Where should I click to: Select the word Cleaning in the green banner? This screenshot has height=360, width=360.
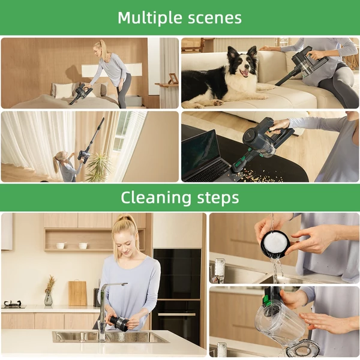156,198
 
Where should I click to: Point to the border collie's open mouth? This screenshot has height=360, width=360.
244,73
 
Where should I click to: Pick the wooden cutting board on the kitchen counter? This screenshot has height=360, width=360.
77,293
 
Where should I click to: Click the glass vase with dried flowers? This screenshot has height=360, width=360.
49,299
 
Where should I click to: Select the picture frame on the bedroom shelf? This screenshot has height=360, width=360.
172,79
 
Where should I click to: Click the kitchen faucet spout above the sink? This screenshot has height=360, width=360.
113,285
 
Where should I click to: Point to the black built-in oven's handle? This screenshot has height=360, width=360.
176,314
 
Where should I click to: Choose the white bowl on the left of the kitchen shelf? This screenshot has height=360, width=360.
61,245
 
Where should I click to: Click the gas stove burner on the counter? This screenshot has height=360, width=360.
12,304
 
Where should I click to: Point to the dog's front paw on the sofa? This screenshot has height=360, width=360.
218,103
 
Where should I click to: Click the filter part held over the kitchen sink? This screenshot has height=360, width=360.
119,323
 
